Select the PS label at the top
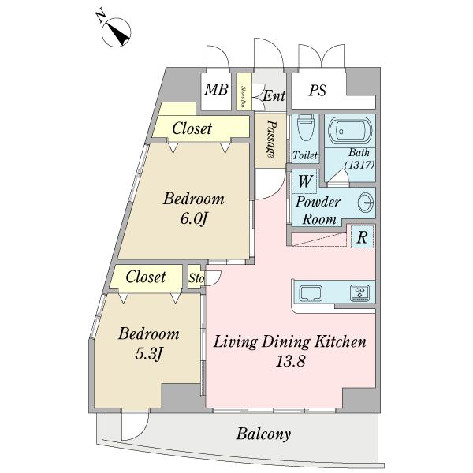[318, 91]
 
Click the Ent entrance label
[273, 97]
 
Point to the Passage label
[270, 140]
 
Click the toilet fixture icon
[306, 128]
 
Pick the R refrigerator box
[362, 236]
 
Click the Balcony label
[263, 434]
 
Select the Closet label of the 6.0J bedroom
[192, 127]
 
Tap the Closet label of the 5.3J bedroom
[146, 277]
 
